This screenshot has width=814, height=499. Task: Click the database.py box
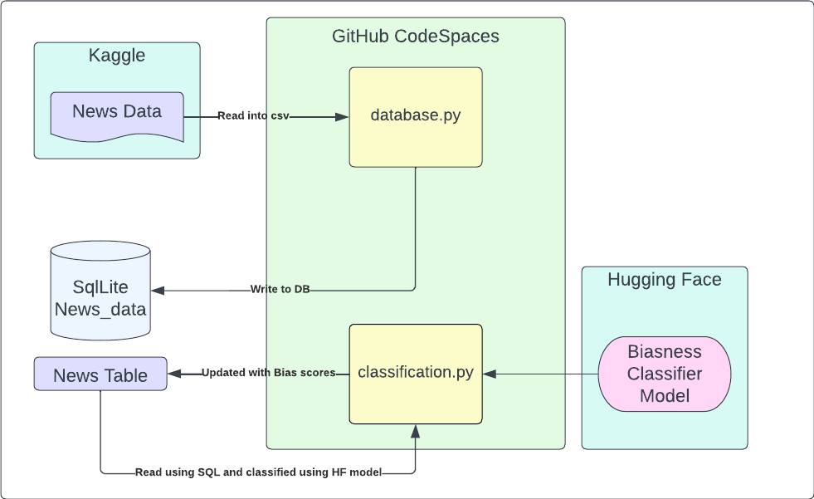415,116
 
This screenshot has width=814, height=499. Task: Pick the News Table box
100,374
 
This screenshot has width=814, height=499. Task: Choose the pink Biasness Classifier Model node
664,374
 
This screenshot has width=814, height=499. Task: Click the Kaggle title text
117,56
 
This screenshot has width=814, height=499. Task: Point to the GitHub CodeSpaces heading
415,37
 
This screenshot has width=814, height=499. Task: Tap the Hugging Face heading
664,280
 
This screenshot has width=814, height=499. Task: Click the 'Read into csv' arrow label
253,116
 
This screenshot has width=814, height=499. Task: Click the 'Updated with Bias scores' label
268,373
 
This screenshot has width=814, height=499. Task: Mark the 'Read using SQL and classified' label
258,472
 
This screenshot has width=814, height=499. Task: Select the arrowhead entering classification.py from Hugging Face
490,374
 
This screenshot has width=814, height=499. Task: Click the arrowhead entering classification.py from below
415,431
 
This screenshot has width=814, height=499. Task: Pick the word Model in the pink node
664,396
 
